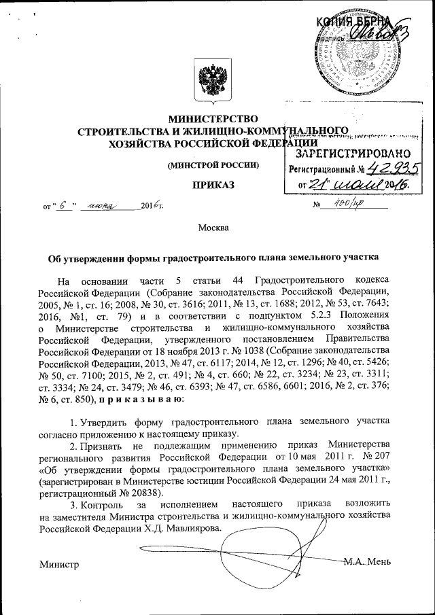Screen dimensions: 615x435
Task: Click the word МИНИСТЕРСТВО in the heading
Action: [213, 120]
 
